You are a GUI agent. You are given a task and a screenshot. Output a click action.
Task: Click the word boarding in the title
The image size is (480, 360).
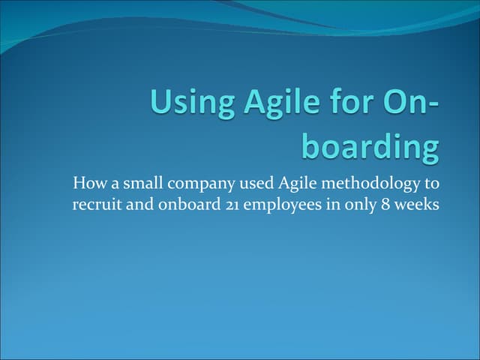tap(370, 146)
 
